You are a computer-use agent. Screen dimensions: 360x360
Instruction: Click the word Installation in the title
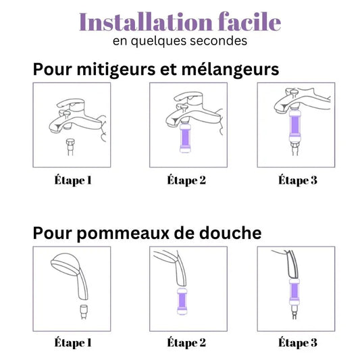[146, 22]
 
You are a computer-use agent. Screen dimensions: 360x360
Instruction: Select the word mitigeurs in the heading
[116, 70]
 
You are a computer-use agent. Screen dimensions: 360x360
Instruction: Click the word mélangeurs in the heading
[230, 69]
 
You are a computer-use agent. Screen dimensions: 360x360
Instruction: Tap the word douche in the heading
[230, 232]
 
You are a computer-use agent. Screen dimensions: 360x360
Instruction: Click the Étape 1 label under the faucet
[73, 180]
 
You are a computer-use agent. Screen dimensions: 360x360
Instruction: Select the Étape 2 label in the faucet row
[186, 180]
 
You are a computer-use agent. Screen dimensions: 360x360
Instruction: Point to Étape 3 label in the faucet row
[298, 180]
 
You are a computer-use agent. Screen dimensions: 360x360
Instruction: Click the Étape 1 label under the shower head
[73, 343]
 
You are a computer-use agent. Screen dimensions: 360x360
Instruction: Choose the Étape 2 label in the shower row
[186, 343]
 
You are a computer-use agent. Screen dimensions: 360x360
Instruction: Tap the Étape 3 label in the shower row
[298, 343]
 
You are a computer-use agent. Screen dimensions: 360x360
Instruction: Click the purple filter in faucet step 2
[185, 138]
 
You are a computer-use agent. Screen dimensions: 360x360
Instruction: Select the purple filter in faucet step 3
[294, 126]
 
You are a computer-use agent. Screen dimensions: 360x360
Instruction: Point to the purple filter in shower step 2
[182, 301]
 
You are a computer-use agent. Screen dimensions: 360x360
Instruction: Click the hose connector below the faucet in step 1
[70, 147]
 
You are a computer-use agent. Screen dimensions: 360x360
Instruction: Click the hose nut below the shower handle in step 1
[84, 312]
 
